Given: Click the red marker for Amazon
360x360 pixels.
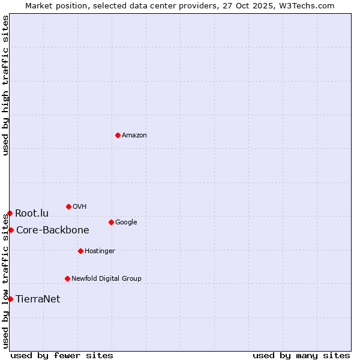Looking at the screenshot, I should point(118,135).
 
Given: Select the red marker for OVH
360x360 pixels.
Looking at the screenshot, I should point(68,206).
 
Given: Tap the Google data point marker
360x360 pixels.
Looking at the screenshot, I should point(111,222).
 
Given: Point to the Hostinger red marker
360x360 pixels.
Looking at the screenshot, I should point(80,251).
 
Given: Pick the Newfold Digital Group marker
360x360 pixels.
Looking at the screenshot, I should point(67,278).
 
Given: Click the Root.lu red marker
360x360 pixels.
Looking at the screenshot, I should point(10,213).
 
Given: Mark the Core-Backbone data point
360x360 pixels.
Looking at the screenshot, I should point(11,230).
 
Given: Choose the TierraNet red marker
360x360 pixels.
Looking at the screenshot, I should point(10,299).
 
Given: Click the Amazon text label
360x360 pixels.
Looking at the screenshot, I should point(134,136).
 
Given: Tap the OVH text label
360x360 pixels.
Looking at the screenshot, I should point(80,207).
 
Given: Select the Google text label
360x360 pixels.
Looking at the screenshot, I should point(126,223).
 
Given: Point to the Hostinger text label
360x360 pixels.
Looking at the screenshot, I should point(100,251).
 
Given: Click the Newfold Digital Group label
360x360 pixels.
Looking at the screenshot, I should point(106,279).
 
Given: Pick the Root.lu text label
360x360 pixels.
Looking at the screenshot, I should point(32,214).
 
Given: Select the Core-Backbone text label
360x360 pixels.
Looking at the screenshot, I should point(53,230).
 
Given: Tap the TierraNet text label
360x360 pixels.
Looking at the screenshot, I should point(38,299).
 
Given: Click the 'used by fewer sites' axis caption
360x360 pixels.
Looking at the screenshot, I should point(62,355).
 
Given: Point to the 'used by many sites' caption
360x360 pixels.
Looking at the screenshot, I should point(301,355).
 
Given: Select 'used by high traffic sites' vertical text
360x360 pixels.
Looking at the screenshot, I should point(5,85).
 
